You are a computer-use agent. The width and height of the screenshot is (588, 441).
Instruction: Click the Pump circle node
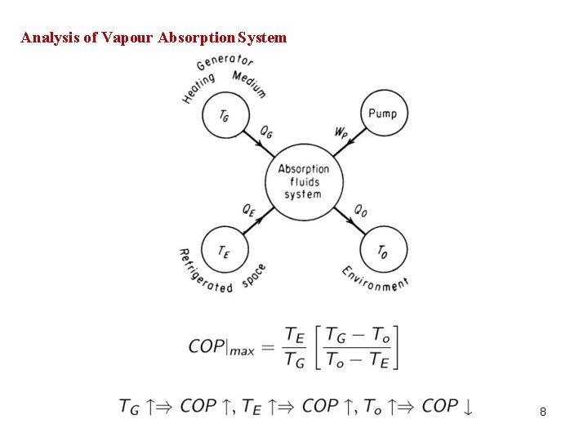[383, 113]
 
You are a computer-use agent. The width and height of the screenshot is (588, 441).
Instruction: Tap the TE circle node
[222, 250]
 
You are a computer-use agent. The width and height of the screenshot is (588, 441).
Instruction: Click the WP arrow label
[341, 131]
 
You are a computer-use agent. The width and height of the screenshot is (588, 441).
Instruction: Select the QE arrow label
[250, 209]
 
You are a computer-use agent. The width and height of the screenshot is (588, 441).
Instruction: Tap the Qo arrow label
[360, 210]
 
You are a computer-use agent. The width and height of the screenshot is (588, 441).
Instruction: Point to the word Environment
[375, 278]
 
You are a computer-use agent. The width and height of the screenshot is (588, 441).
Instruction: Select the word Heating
[198, 88]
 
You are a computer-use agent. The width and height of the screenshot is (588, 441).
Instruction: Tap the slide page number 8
[543, 412]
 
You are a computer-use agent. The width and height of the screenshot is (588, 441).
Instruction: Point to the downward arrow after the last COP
[467, 406]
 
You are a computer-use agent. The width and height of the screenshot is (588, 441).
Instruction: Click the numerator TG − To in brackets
[358, 335]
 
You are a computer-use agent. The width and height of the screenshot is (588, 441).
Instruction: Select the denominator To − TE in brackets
[358, 359]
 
